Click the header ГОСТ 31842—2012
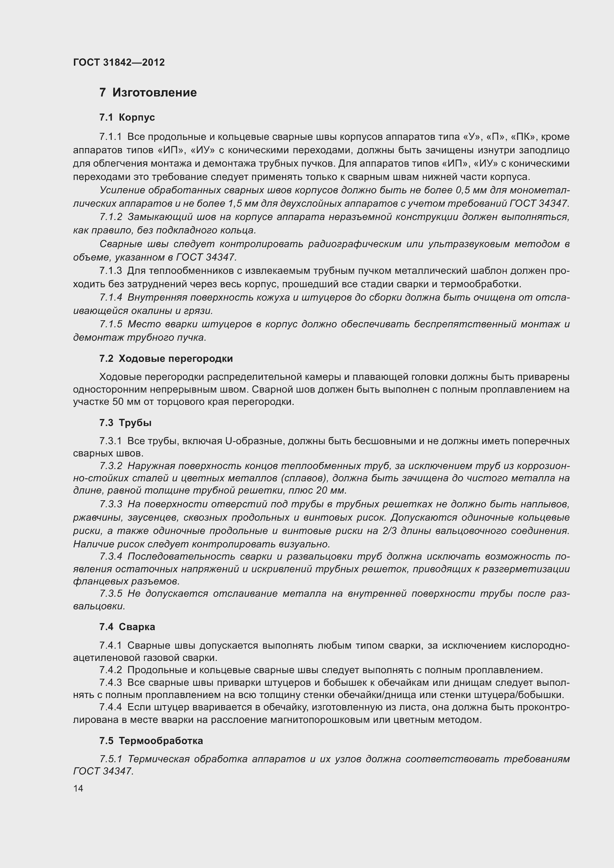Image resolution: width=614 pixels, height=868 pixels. [x=119, y=62]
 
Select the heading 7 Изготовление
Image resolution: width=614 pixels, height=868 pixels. [x=148, y=93]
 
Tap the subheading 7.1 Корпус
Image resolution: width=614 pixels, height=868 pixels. [x=127, y=118]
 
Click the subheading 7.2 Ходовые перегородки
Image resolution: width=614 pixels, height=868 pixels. [x=166, y=358]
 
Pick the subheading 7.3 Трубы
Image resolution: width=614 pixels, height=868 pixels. [x=125, y=423]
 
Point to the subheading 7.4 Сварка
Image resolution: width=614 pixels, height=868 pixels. [x=127, y=627]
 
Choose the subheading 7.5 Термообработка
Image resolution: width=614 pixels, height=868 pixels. [x=151, y=741]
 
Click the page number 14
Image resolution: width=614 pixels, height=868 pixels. [x=78, y=788]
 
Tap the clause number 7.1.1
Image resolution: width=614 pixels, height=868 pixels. [x=111, y=137]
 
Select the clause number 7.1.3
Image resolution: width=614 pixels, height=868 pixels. [x=111, y=271]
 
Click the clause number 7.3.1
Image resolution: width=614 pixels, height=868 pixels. [x=111, y=441]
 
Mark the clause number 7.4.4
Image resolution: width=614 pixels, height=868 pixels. [x=111, y=707]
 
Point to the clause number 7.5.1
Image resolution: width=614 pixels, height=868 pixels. [x=111, y=759]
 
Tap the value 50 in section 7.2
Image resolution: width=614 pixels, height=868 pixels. [x=118, y=402]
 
